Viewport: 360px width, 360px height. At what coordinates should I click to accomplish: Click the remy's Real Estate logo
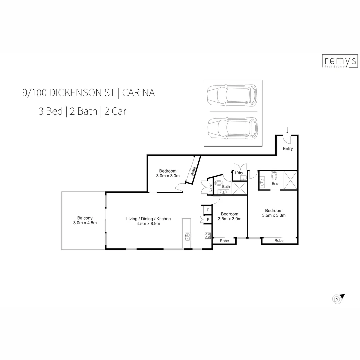click(x=340, y=61)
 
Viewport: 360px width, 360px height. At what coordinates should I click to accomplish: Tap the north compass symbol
click(x=337, y=299)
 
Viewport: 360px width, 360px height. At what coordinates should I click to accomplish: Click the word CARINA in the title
click(x=138, y=93)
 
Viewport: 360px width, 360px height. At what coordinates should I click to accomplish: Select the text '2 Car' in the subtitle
click(x=115, y=111)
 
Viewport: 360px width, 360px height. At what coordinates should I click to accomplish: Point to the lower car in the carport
click(x=232, y=129)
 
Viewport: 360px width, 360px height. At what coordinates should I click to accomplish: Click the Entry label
click(x=288, y=149)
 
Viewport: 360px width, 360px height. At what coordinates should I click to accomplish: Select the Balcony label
click(x=85, y=218)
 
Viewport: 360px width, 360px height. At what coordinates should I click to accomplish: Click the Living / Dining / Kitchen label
click(x=148, y=219)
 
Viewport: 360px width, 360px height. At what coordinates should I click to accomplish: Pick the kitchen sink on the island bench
click(x=187, y=236)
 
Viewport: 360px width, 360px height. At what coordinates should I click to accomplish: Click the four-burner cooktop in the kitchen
click(x=207, y=235)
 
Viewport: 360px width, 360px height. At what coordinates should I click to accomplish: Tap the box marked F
click(x=208, y=210)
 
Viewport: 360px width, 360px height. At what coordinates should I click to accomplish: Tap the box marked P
click(x=208, y=220)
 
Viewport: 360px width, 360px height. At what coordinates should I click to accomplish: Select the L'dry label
click(x=239, y=173)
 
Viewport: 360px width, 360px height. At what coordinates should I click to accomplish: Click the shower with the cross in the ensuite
click(x=290, y=180)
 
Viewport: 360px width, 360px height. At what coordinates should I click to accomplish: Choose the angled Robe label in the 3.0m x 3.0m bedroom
click(x=193, y=171)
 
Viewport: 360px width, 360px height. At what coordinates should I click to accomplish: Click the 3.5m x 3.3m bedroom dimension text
click(x=274, y=215)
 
